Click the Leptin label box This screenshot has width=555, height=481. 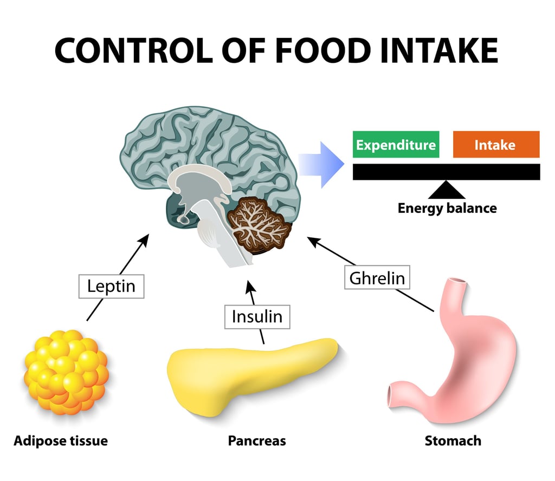[111, 286]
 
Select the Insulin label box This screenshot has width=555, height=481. [257, 316]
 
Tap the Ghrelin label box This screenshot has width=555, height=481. [377, 278]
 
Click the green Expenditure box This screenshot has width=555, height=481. [396, 145]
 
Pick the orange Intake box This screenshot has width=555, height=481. [495, 145]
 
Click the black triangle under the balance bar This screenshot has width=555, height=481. [447, 190]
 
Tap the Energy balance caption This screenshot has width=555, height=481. [447, 208]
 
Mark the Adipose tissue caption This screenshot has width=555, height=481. [61, 441]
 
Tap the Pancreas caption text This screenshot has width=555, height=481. [256, 441]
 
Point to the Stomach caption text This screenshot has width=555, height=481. [453, 441]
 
